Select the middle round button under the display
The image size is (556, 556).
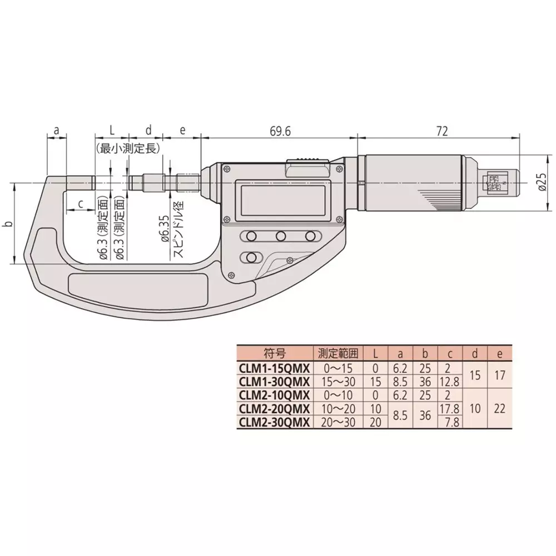[280, 237]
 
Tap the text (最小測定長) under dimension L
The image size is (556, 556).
[127, 148]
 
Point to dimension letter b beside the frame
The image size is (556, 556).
[7, 225]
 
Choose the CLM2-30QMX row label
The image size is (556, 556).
[274, 423]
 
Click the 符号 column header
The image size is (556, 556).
[274, 353]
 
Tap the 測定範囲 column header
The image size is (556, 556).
[337, 353]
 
